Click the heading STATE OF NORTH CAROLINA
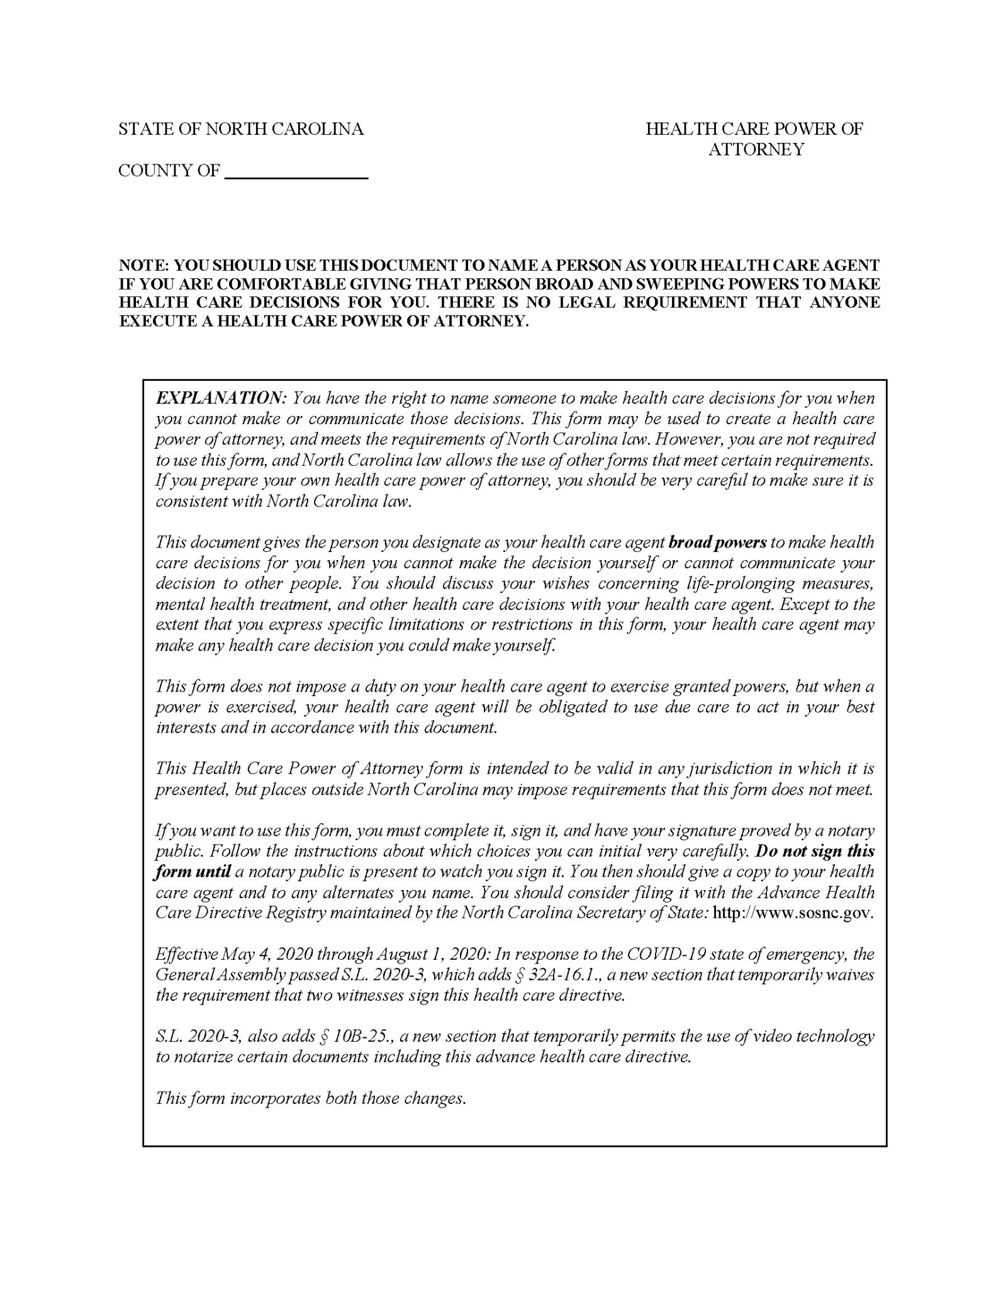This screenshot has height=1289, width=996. (241, 129)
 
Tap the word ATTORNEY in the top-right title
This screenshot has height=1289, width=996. (756, 150)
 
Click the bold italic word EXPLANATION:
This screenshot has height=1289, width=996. (221, 398)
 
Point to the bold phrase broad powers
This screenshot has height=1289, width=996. (717, 543)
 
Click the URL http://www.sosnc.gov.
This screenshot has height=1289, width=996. (793, 913)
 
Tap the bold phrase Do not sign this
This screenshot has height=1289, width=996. (815, 852)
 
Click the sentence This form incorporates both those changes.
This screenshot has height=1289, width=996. (311, 1098)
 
